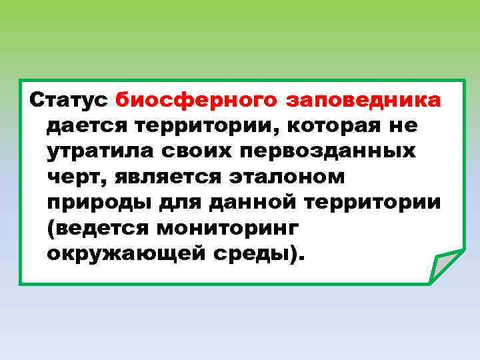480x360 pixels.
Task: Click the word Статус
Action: pos(70,101)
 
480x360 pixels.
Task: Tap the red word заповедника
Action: pos(363,101)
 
